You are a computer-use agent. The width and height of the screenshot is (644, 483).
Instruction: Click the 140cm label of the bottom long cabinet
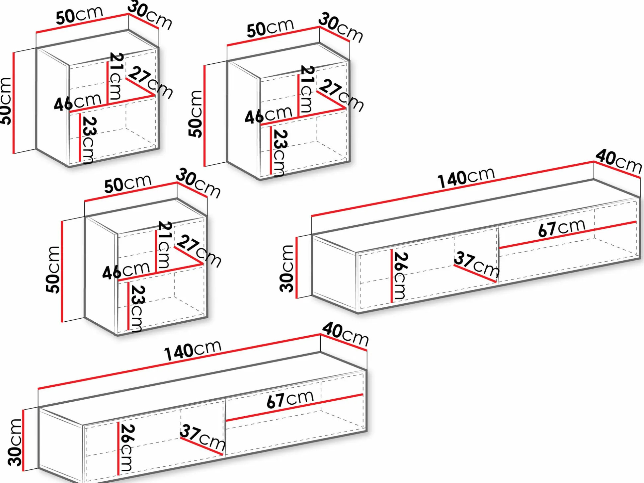click(193, 351)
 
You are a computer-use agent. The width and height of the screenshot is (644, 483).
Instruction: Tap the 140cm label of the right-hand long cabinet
click(466, 178)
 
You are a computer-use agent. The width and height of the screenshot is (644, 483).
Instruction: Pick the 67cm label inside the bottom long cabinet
click(290, 399)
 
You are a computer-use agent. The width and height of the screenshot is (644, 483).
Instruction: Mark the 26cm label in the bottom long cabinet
click(127, 448)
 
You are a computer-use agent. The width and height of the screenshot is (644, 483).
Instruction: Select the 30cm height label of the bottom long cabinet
click(15, 443)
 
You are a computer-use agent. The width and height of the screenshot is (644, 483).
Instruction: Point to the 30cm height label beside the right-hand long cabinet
click(286, 269)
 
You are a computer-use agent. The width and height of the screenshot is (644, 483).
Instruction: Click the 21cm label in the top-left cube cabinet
click(116, 76)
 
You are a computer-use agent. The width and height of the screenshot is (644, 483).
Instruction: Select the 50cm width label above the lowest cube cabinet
click(128, 184)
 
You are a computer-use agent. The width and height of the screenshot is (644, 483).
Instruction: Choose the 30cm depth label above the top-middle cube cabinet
click(341, 28)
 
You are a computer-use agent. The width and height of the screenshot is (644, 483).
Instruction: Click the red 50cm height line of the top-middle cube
click(204, 116)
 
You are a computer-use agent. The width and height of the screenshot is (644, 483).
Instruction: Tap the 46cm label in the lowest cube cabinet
click(126, 271)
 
